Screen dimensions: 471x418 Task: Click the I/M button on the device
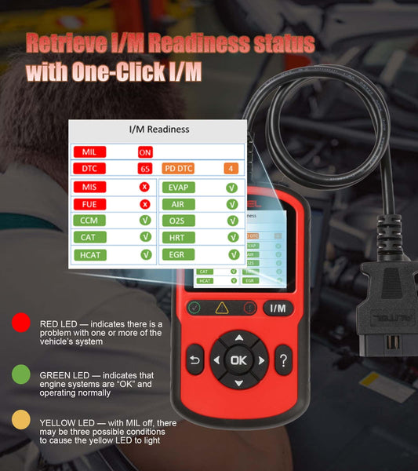point(278,309)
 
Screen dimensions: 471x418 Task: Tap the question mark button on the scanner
point(283,360)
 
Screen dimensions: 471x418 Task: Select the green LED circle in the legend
point(22,374)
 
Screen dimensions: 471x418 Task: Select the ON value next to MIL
point(145,152)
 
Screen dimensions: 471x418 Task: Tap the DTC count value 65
point(144,169)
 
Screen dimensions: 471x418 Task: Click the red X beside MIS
point(145,187)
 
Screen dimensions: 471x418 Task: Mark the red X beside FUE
point(145,204)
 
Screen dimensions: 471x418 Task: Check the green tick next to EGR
point(232,254)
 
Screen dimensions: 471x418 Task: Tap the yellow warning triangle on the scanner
point(222,308)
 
